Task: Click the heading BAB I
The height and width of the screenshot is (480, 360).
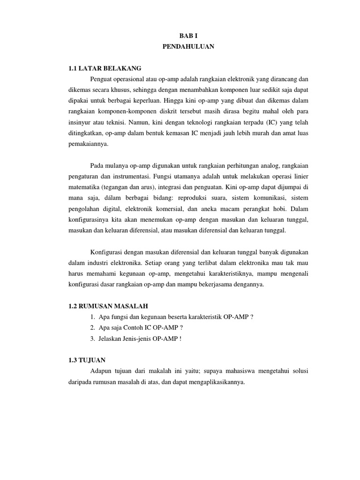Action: (188, 35)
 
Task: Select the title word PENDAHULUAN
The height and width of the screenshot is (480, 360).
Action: (188, 46)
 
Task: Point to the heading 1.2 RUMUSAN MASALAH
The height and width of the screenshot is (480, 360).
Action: (107, 306)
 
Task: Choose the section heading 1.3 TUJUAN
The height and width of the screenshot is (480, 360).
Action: (87, 360)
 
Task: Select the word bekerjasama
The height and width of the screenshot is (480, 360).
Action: (222, 284)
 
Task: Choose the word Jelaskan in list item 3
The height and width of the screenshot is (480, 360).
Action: (111, 338)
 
